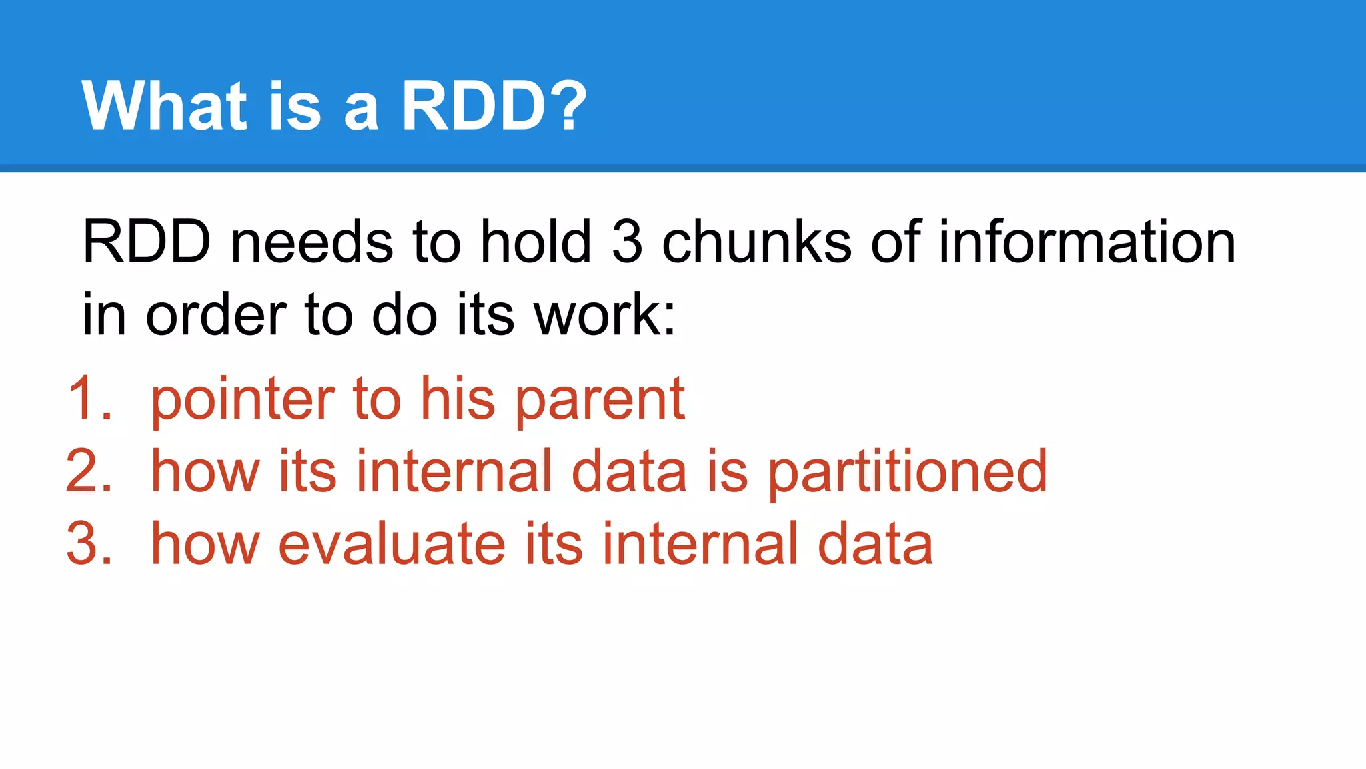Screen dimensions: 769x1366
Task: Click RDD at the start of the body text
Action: pos(146,242)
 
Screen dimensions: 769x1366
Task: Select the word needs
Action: pos(311,242)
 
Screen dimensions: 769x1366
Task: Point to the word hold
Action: pos(536,242)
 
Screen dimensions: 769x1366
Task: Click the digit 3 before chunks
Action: pos(627,242)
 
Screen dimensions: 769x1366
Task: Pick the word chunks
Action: pos(756,242)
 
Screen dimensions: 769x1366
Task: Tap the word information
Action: pos(1087,242)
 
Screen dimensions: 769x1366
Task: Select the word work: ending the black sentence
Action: pos(604,315)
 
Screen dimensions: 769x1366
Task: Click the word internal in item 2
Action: pos(454,472)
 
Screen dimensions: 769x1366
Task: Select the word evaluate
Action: pos(392,545)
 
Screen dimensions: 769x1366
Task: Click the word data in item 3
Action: pos(875,545)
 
